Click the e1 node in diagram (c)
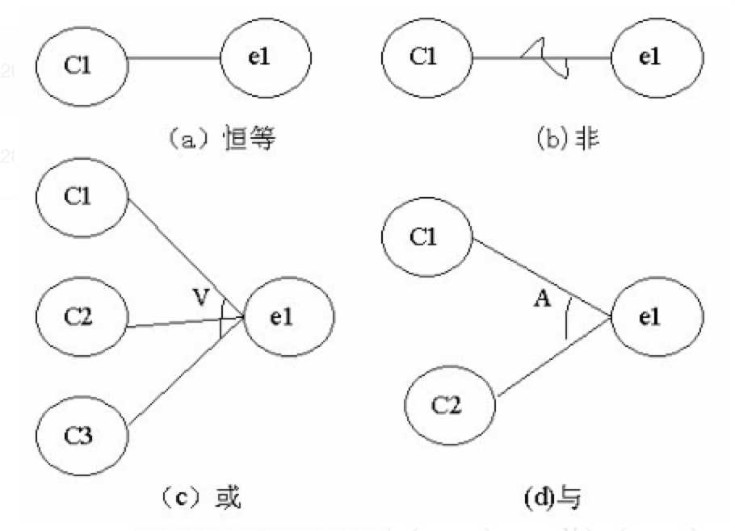[x=288, y=316]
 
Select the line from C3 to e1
[x=186, y=371]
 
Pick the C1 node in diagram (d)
[x=426, y=237]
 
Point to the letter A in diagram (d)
[x=542, y=299]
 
